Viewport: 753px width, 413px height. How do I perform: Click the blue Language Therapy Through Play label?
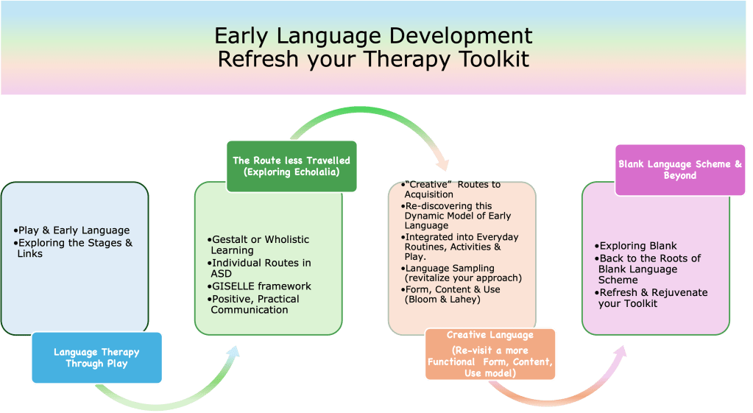[x=96, y=358]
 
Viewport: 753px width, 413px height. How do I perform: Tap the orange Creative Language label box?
[x=490, y=355]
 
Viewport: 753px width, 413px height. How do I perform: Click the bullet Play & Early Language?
[x=72, y=230]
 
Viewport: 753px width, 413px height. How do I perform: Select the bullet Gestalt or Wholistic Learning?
[x=260, y=245]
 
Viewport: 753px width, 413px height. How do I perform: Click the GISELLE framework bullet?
[x=261, y=286]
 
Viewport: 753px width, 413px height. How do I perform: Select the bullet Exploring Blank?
[x=637, y=246]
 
